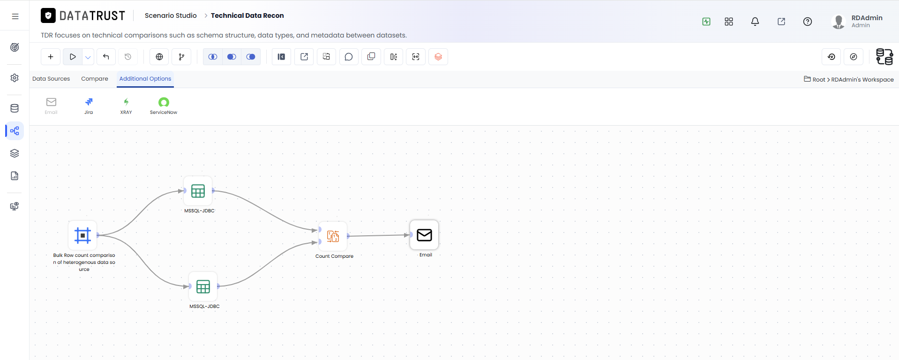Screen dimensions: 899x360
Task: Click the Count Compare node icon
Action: pos(333,236)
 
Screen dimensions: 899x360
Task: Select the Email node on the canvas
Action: pos(424,235)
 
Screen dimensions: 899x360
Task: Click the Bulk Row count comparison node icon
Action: pos(82,235)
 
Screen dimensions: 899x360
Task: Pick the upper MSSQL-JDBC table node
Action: pos(198,191)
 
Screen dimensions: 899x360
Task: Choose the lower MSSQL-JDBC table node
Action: pos(203,286)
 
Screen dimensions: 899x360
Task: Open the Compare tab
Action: pos(95,79)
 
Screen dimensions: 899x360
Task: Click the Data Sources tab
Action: pos(51,79)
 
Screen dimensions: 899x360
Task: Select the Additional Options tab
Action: pos(145,79)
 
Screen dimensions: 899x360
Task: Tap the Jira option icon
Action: pos(89,102)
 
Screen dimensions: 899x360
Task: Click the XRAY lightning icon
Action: pos(126,102)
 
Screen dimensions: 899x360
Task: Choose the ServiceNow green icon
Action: pos(164,102)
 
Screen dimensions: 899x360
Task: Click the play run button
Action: pos(73,57)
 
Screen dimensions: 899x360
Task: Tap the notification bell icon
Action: pos(755,22)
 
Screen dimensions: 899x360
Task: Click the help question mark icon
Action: pos(808,22)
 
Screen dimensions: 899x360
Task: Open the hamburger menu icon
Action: pos(15,16)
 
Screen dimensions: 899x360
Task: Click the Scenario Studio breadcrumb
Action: pos(171,15)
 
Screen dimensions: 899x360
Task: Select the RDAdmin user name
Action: pos(867,18)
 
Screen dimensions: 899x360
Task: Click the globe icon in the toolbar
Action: pos(159,57)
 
